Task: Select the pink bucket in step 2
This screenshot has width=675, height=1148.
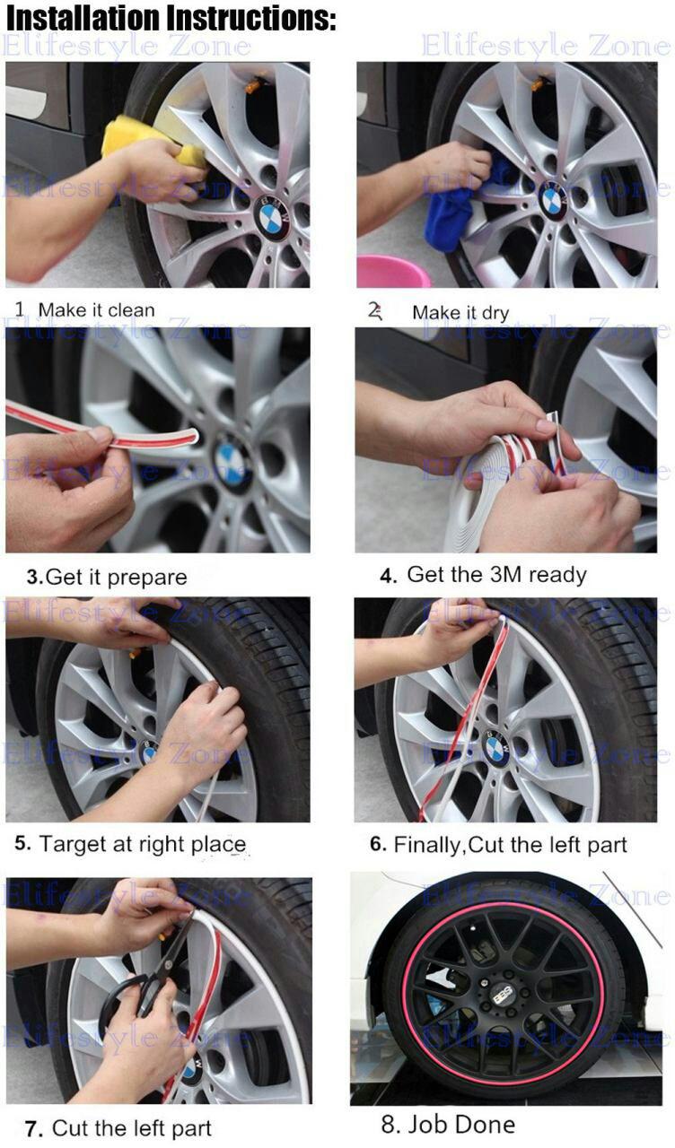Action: [x=393, y=272]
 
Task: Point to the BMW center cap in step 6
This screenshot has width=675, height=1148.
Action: [x=496, y=748]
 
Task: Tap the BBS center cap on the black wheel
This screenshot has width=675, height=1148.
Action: [x=501, y=996]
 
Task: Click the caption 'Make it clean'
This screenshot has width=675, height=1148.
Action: [x=96, y=310]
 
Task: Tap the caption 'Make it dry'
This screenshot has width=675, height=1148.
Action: [x=460, y=313]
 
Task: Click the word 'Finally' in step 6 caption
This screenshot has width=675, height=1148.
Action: [x=427, y=845]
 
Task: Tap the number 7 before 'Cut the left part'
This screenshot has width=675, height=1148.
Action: [x=32, y=1128]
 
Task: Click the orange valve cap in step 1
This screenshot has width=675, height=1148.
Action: [x=253, y=85]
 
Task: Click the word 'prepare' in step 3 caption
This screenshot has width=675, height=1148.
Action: [x=147, y=578]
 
